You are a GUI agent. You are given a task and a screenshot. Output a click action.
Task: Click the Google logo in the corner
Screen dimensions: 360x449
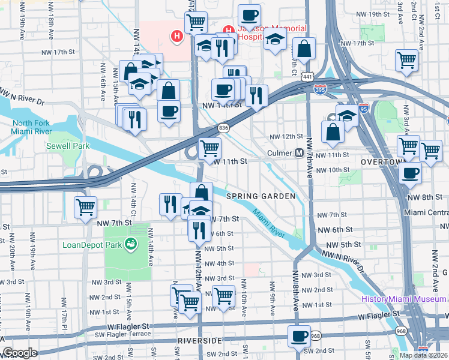tap(20, 353)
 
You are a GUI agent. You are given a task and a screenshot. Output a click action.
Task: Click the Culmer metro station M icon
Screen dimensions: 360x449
tap(299, 153)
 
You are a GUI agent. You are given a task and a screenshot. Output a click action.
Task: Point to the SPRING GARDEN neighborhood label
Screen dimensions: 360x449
tap(261, 196)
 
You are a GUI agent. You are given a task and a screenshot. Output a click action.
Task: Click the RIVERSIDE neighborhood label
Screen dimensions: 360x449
tap(200, 340)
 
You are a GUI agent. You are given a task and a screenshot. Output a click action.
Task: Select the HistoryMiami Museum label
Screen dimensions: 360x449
tap(403, 299)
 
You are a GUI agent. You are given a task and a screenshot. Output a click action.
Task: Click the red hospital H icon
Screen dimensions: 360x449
tap(176, 37)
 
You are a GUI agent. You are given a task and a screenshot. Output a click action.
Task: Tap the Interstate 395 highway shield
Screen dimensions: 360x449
tap(320, 89)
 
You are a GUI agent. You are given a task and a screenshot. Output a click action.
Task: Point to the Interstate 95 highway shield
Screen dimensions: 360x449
tap(364, 109)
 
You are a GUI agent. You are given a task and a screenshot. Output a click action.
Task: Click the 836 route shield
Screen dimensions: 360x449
tap(223, 128)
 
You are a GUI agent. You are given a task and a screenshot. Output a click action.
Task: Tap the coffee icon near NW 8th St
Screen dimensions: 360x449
tap(411, 173)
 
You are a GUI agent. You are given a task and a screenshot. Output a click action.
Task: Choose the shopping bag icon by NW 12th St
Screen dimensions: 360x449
tap(332, 131)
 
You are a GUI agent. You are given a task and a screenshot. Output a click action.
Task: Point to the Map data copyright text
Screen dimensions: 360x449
tap(423, 355)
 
